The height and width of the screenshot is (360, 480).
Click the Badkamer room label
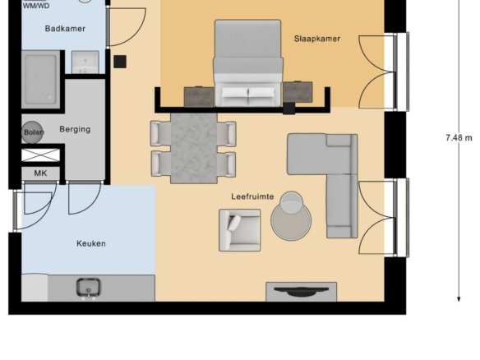[x=65, y=29]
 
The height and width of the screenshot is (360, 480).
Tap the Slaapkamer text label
[x=317, y=39]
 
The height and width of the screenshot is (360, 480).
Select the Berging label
[x=75, y=129]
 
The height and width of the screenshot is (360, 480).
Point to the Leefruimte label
[x=252, y=196]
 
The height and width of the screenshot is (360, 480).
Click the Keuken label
[x=91, y=243]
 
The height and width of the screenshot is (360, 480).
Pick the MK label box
[x=41, y=173]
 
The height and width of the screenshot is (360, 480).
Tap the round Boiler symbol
[x=32, y=132]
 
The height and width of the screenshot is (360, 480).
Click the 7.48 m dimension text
[x=459, y=138]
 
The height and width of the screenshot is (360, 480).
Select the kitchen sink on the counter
[x=88, y=288]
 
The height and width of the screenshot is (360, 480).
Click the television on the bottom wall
[x=301, y=292]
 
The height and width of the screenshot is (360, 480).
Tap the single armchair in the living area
[x=240, y=230]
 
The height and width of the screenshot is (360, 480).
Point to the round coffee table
[x=291, y=220]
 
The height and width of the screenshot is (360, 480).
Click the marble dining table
[x=194, y=149]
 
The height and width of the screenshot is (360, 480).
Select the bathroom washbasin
[x=85, y=62]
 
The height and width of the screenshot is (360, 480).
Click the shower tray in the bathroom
[x=40, y=80]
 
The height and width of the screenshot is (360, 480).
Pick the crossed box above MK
[x=41, y=155]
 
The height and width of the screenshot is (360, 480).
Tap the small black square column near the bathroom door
[x=120, y=62]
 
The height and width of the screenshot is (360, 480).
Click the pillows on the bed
[x=248, y=93]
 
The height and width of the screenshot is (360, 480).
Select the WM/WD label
[x=36, y=6]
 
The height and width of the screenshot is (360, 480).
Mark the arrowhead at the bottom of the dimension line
[x=459, y=299]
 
